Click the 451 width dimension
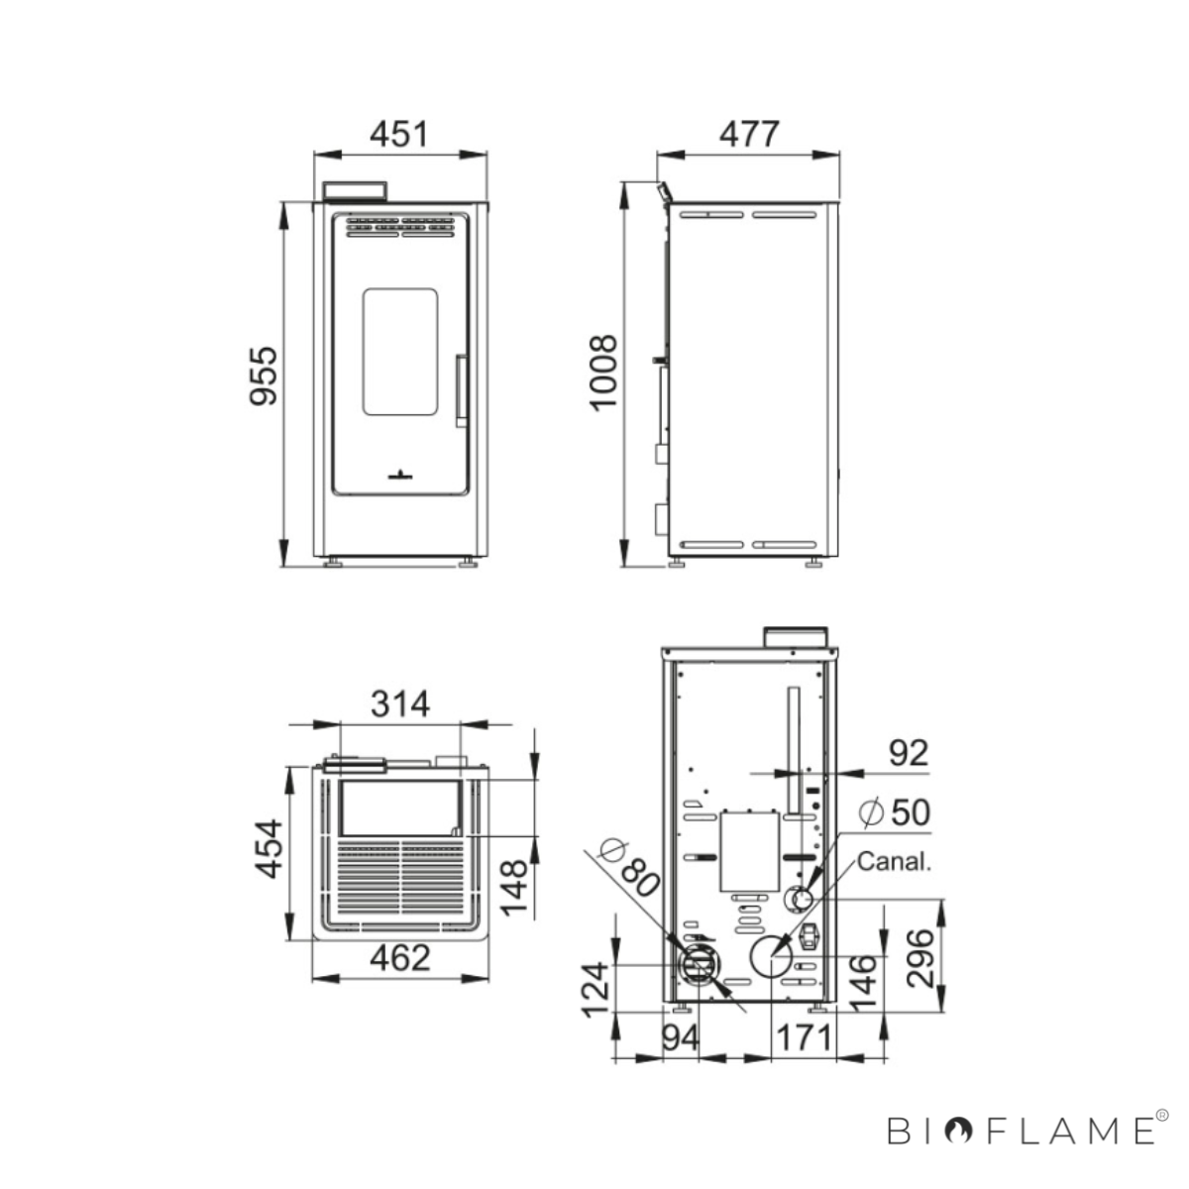pyautogui.click(x=398, y=134)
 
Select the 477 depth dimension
pyautogui.click(x=749, y=134)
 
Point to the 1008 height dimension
pyautogui.click(x=602, y=373)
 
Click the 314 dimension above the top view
pyautogui.click(x=400, y=704)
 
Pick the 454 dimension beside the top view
pyautogui.click(x=270, y=848)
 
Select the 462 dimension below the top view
pyautogui.click(x=400, y=958)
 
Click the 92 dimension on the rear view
pyautogui.click(x=909, y=753)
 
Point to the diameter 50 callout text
pyautogui.click(x=895, y=812)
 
